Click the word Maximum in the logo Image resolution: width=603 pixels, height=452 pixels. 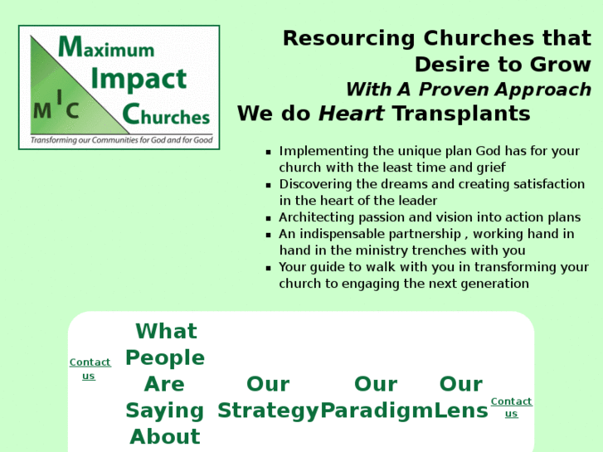[x=106, y=47]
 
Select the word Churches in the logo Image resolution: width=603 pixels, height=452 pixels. [x=166, y=115]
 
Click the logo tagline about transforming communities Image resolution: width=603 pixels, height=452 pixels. [x=121, y=140]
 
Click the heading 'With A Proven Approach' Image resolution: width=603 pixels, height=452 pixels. [x=468, y=90]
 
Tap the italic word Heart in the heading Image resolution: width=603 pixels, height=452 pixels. [x=352, y=114]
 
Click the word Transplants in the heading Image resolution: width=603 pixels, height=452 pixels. [x=460, y=114]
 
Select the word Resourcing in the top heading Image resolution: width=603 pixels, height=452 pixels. [x=348, y=38]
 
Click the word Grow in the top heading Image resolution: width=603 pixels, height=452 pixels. [x=564, y=64]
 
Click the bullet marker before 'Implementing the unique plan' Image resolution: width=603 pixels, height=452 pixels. [x=268, y=153]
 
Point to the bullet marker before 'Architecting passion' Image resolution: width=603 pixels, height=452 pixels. [x=268, y=219]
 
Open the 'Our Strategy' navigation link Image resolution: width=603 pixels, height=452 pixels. [x=268, y=396]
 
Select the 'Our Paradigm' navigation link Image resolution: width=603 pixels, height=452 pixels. [x=376, y=396]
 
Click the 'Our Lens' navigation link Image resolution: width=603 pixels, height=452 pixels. [x=461, y=396]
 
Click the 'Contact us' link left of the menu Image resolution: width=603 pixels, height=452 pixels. [x=90, y=369]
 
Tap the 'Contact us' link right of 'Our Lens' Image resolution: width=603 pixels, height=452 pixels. [x=511, y=407]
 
